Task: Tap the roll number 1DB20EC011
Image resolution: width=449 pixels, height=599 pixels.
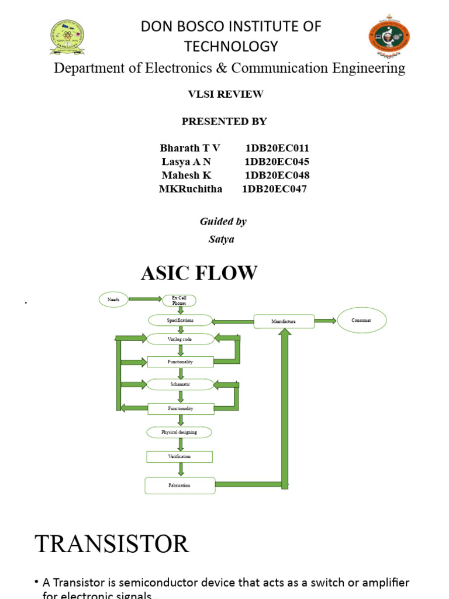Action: (x=277, y=148)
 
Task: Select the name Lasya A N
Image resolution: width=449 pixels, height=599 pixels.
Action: (x=186, y=161)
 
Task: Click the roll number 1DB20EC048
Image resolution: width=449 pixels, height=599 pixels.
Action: (x=277, y=175)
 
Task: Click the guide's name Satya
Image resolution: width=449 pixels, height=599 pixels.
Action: (x=222, y=239)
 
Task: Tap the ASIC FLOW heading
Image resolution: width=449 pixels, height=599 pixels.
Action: (x=199, y=273)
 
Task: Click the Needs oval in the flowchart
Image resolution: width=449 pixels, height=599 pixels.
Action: (x=113, y=299)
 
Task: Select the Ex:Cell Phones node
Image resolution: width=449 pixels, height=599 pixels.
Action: (x=179, y=300)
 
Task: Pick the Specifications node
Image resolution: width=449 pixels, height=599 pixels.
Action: (x=180, y=321)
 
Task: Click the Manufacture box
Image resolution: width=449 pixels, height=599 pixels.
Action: (x=284, y=321)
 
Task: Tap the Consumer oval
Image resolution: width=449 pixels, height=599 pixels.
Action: (x=361, y=321)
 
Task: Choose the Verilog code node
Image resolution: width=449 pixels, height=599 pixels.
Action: (x=180, y=339)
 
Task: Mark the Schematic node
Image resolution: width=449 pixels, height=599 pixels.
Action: (x=180, y=384)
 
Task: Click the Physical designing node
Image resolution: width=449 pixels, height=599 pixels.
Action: (x=179, y=432)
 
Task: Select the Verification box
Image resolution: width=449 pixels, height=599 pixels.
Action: (x=179, y=456)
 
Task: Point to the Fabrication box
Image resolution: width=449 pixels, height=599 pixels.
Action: (x=179, y=486)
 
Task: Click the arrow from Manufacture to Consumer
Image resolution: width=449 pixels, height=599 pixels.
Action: (x=326, y=321)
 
